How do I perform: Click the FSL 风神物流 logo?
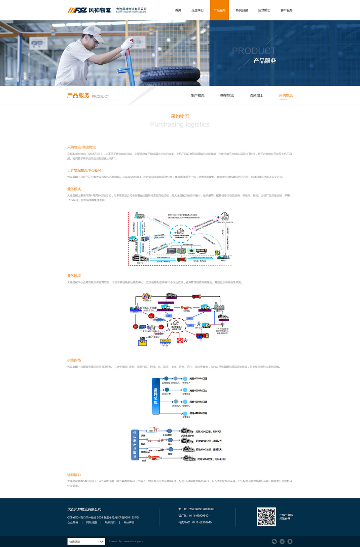coord(89,10)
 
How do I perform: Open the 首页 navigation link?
coord(178,10)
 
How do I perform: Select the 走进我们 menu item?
coord(197,10)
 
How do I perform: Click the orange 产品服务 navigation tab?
coord(219,10)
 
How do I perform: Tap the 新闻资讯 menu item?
coord(242,10)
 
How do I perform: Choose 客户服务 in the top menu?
coord(286,10)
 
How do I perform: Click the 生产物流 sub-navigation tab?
coord(197,96)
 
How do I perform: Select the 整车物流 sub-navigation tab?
coord(227,96)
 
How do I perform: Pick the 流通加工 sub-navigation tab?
coord(256,96)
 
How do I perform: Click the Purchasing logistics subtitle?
coord(180,125)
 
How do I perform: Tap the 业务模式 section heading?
coord(74,189)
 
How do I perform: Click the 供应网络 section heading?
coord(74,360)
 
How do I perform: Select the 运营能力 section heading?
coord(74,475)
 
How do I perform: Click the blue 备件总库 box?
coord(155,396)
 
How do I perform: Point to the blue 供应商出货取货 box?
coord(135,445)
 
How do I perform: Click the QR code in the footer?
coord(266,517)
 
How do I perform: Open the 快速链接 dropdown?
coord(86,541)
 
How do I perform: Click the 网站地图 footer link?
coord(92,522)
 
